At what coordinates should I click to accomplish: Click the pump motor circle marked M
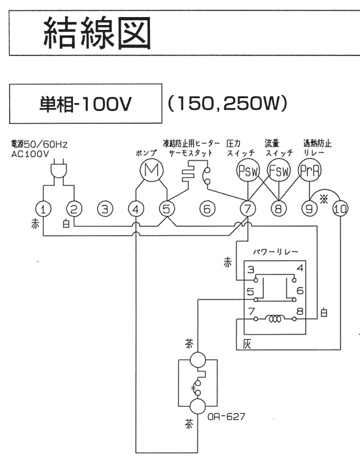click(x=152, y=170)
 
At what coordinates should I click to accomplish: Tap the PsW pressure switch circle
click(x=248, y=171)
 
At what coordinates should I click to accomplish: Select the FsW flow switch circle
click(x=278, y=171)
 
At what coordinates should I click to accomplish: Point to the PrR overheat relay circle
click(x=309, y=171)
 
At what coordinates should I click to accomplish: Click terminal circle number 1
click(x=43, y=209)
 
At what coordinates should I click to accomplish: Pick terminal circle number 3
click(x=105, y=209)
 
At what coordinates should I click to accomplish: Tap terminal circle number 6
click(x=207, y=209)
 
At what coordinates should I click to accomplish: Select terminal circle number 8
click(x=278, y=209)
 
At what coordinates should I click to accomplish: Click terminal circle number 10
click(x=341, y=209)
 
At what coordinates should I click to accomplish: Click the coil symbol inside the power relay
click(x=275, y=319)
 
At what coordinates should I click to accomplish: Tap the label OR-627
click(x=226, y=416)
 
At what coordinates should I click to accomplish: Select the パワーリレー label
click(x=275, y=252)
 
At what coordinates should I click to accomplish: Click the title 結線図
click(x=97, y=34)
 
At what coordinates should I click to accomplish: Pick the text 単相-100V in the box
click(x=85, y=104)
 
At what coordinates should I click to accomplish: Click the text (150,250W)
click(x=228, y=104)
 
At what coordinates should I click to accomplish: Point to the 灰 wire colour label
click(x=247, y=344)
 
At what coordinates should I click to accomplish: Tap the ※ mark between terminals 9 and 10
click(x=323, y=199)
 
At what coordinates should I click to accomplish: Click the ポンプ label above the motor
click(x=146, y=153)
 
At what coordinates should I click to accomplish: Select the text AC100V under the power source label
click(x=30, y=154)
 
